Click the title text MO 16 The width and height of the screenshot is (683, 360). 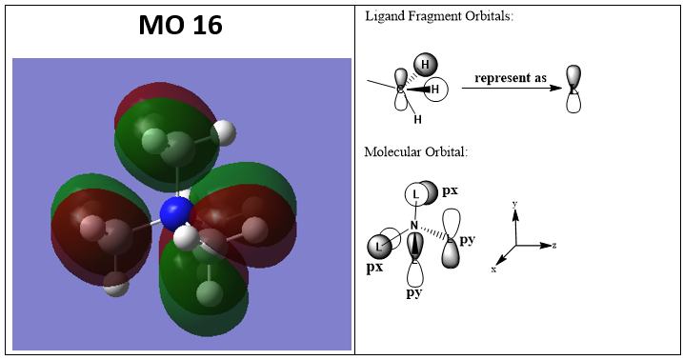[180, 25]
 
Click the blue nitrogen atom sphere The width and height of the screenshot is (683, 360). [176, 213]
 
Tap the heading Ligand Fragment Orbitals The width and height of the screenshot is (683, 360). [439, 16]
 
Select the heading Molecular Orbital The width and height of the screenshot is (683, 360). [416, 152]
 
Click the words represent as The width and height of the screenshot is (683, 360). [511, 78]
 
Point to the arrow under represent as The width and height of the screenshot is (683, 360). [512, 88]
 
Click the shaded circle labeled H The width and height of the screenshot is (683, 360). [425, 65]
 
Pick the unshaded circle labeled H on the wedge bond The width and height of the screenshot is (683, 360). [435, 90]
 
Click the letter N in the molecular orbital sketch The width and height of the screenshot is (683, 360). [413, 226]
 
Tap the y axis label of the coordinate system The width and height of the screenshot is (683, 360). [514, 204]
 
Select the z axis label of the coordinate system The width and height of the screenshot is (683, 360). [554, 246]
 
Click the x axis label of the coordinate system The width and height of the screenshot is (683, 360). [493, 270]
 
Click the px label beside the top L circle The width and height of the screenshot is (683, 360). [450, 191]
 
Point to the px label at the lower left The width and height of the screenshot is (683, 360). [374, 268]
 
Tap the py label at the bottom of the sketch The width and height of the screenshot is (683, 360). [414, 293]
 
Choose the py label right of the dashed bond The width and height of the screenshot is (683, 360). [467, 240]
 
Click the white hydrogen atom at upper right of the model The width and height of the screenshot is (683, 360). [224, 132]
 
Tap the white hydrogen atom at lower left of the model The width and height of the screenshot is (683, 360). [116, 284]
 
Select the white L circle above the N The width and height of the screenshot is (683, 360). [416, 193]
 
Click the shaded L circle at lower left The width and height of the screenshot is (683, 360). [378, 247]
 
